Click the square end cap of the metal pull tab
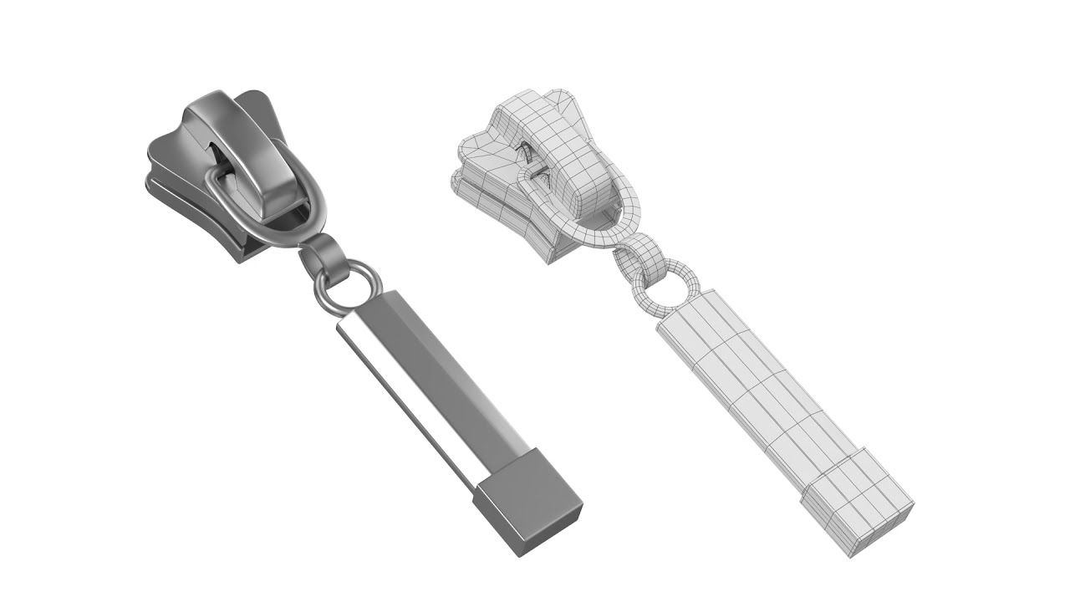click(x=528, y=503)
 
